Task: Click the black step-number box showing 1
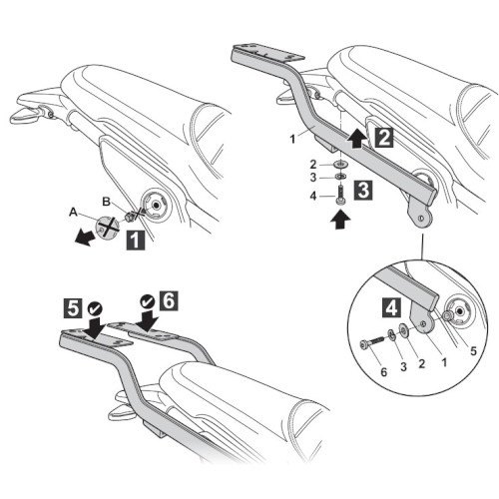[136, 240]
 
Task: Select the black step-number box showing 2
[384, 138]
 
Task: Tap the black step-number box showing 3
[363, 191]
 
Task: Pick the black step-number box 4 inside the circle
[391, 307]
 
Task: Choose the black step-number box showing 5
[73, 308]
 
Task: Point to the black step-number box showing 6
[169, 300]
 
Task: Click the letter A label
[73, 213]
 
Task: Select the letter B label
[106, 202]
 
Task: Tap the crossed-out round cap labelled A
[108, 227]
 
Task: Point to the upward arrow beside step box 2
[357, 140]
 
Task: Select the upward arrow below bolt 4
[341, 220]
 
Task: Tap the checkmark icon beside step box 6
[148, 301]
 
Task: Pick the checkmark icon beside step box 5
[95, 309]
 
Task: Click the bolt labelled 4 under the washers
[340, 196]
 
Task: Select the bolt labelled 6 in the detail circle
[373, 343]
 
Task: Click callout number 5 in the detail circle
[473, 351]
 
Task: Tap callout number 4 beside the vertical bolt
[313, 196]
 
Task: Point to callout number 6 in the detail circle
[384, 372]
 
